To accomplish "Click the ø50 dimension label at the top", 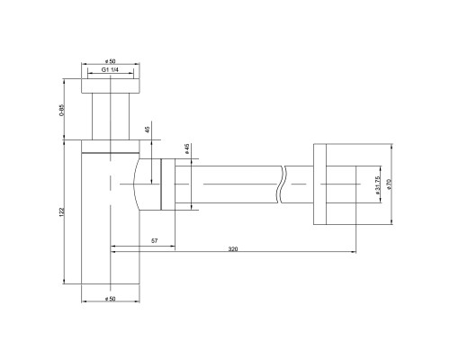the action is click(x=110, y=61).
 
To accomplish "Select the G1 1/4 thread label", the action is click(x=110, y=70).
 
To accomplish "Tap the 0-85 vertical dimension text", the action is click(x=62, y=110).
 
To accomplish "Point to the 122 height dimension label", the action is click(x=62, y=212).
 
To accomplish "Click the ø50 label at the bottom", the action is click(x=110, y=299).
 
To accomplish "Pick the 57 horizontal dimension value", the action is click(x=154, y=240).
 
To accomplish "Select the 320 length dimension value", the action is click(x=233, y=249).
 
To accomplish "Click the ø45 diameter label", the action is click(x=186, y=148).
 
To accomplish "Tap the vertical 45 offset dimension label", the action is click(x=147, y=130).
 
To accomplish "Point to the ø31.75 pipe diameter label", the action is click(x=377, y=184).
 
